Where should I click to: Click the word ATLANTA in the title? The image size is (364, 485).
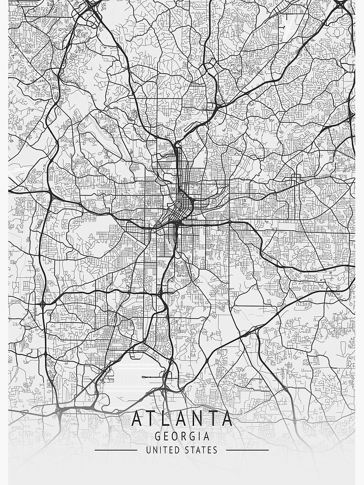point(182,419)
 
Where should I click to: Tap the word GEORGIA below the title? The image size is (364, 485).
point(182,436)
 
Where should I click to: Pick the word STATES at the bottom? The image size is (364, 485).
point(201,450)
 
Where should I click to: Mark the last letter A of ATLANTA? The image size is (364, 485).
point(226,419)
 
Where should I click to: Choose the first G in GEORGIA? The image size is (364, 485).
point(157,436)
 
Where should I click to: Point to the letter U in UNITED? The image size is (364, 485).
point(149,450)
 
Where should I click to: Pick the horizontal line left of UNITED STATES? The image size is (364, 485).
point(116,450)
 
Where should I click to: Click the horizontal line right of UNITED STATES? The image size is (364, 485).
point(248,450)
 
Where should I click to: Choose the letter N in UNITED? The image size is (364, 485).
point(155,450)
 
